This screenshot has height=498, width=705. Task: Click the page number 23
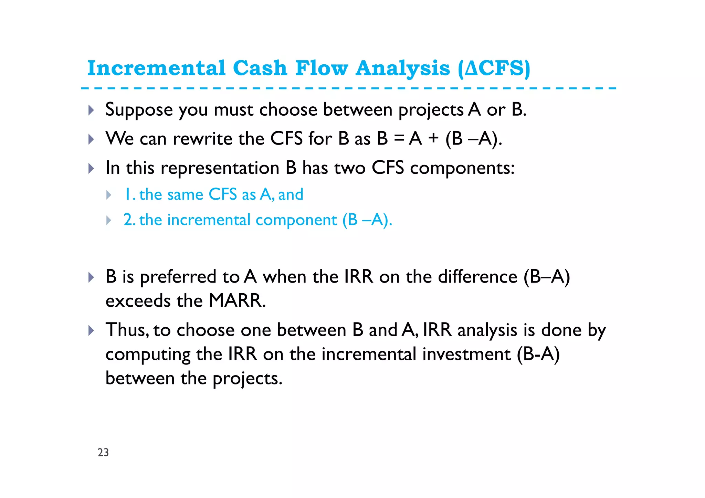(103, 452)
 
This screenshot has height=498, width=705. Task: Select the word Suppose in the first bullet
(139, 110)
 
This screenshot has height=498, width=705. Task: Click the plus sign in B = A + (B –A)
(433, 138)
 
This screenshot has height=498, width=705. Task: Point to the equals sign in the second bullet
(399, 138)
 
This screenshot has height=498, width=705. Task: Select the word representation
(220, 168)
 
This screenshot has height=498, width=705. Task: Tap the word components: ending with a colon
(462, 168)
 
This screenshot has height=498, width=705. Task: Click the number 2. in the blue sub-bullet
(129, 220)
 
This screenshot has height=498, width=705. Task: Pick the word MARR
(237, 300)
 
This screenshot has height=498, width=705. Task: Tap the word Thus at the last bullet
(127, 330)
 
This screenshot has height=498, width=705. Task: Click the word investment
(466, 354)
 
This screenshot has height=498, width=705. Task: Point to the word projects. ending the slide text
(247, 379)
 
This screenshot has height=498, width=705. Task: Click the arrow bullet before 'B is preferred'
(91, 277)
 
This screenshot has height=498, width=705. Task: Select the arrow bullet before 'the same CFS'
(109, 195)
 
